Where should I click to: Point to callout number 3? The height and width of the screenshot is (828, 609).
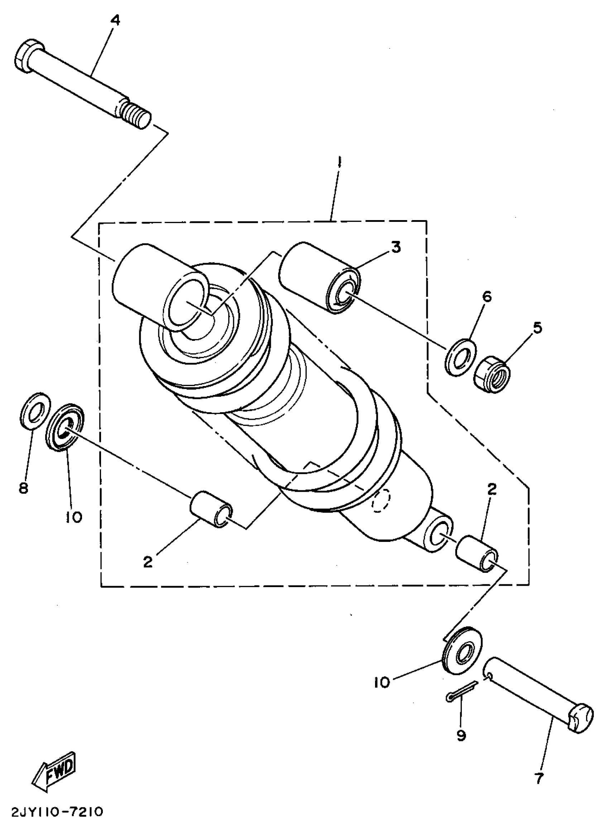point(395,247)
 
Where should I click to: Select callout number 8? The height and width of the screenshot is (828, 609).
point(24,489)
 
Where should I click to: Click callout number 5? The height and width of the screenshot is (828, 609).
point(537,328)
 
